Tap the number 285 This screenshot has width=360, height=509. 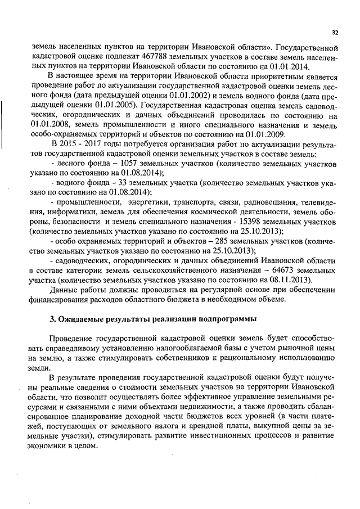217,241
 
